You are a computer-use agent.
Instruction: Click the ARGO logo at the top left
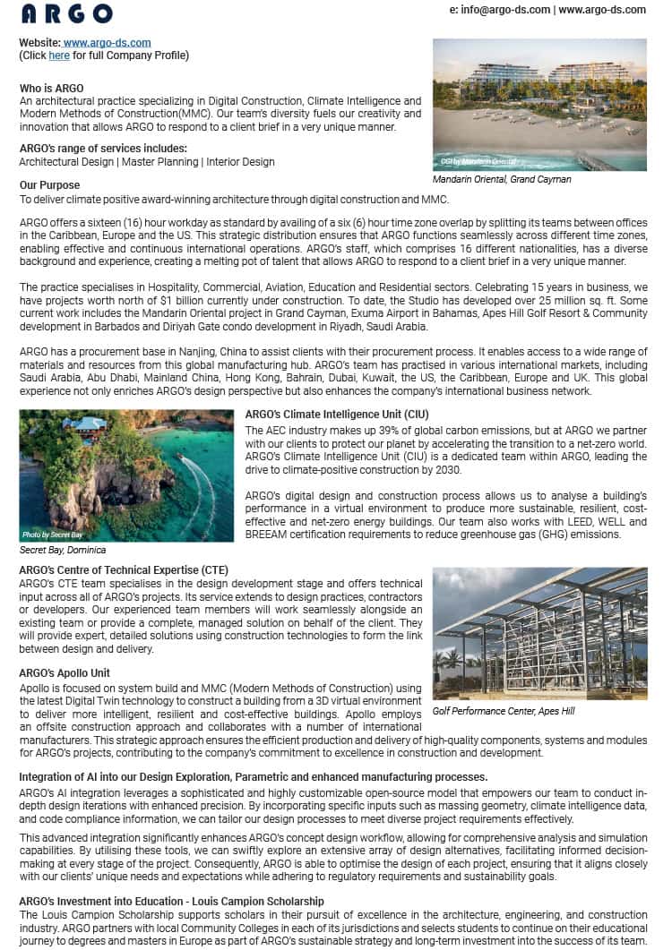click(66, 13)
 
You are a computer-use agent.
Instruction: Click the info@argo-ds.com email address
click(500, 10)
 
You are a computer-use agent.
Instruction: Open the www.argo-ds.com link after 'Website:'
click(107, 42)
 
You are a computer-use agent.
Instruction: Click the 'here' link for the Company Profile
click(59, 55)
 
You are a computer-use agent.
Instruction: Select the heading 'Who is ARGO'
click(52, 88)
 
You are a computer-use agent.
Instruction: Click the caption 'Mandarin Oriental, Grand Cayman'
click(502, 179)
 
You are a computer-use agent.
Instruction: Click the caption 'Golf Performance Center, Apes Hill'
click(504, 711)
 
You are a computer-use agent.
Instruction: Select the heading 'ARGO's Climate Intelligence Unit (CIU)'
click(337, 415)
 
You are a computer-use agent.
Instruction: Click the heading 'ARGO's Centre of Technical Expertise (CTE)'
click(124, 570)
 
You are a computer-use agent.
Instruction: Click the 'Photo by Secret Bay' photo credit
click(53, 535)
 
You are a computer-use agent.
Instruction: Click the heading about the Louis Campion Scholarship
click(171, 901)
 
